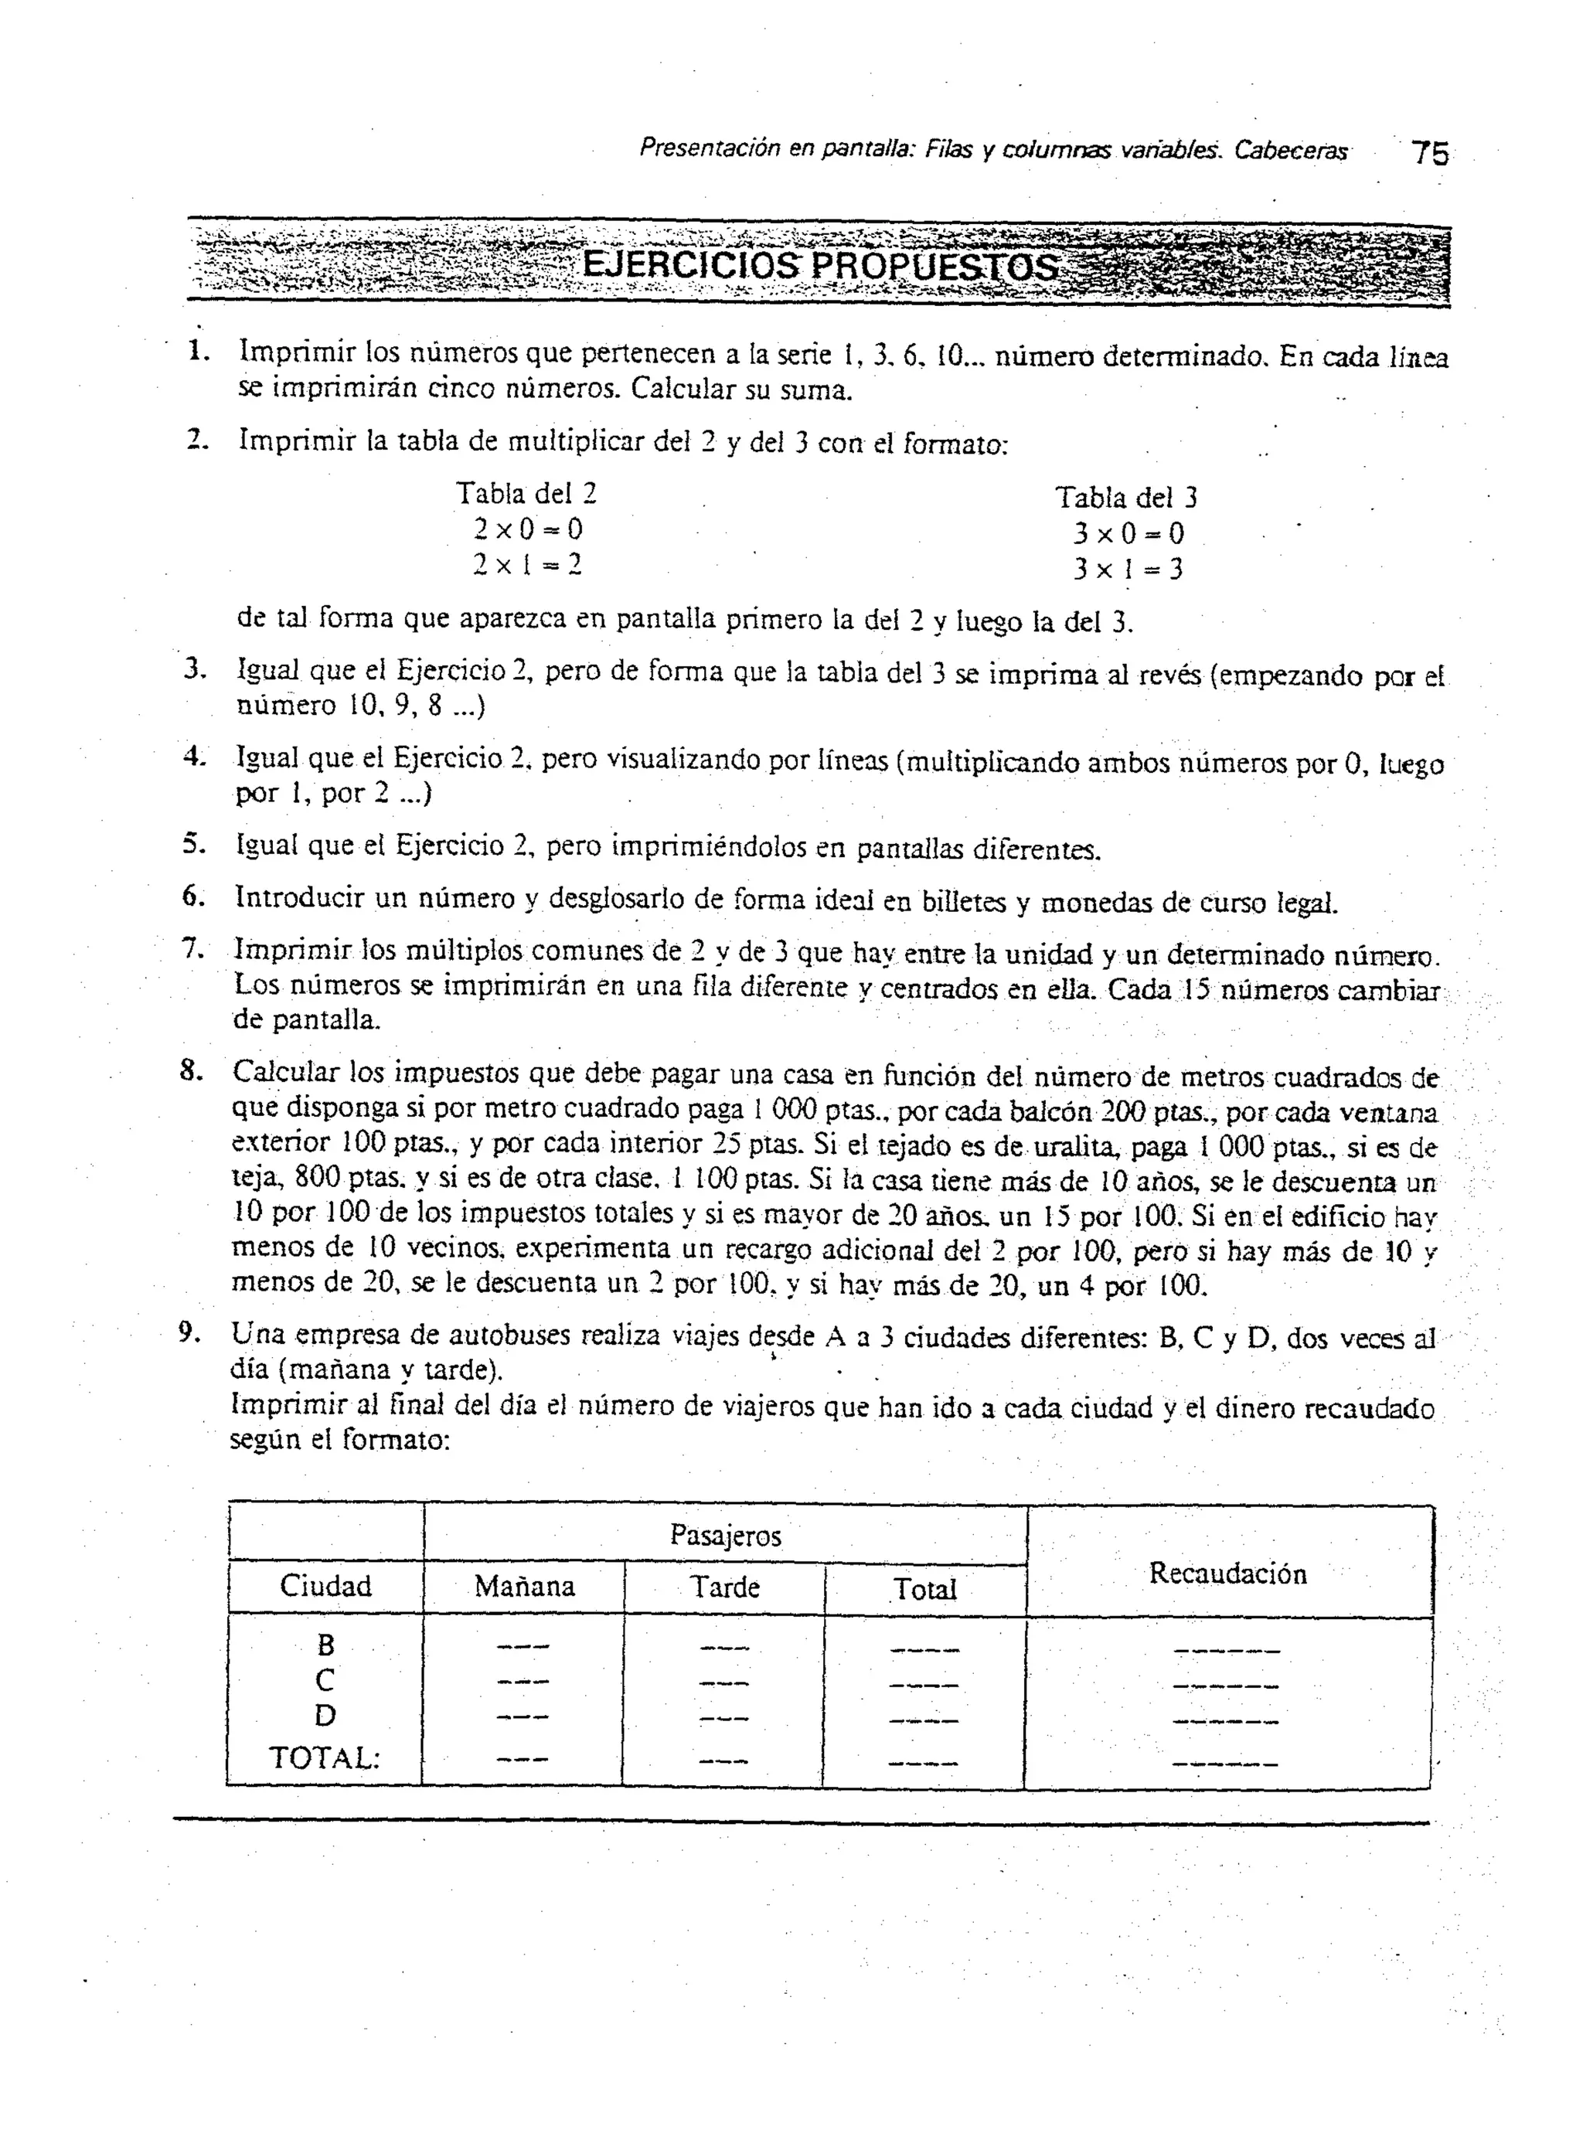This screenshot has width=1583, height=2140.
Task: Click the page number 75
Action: coord(1431,152)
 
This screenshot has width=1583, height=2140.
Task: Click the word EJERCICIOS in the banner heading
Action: coord(689,265)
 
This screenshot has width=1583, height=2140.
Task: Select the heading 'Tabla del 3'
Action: coord(1126,497)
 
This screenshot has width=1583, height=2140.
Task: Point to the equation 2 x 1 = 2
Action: coord(527,564)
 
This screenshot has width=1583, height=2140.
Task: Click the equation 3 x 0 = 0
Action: coord(1128,532)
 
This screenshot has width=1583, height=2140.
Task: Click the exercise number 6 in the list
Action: coord(192,896)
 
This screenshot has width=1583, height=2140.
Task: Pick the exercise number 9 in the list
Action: coord(189,1332)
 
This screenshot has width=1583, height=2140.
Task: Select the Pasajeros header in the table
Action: coord(725,1536)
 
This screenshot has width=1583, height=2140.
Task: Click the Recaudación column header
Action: coord(1227,1573)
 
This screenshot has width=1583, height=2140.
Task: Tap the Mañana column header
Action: coord(524,1587)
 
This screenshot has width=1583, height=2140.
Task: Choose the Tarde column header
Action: coord(725,1587)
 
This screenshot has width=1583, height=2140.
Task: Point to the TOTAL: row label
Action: coord(324,1757)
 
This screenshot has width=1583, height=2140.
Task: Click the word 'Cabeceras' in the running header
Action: coord(1290,151)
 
